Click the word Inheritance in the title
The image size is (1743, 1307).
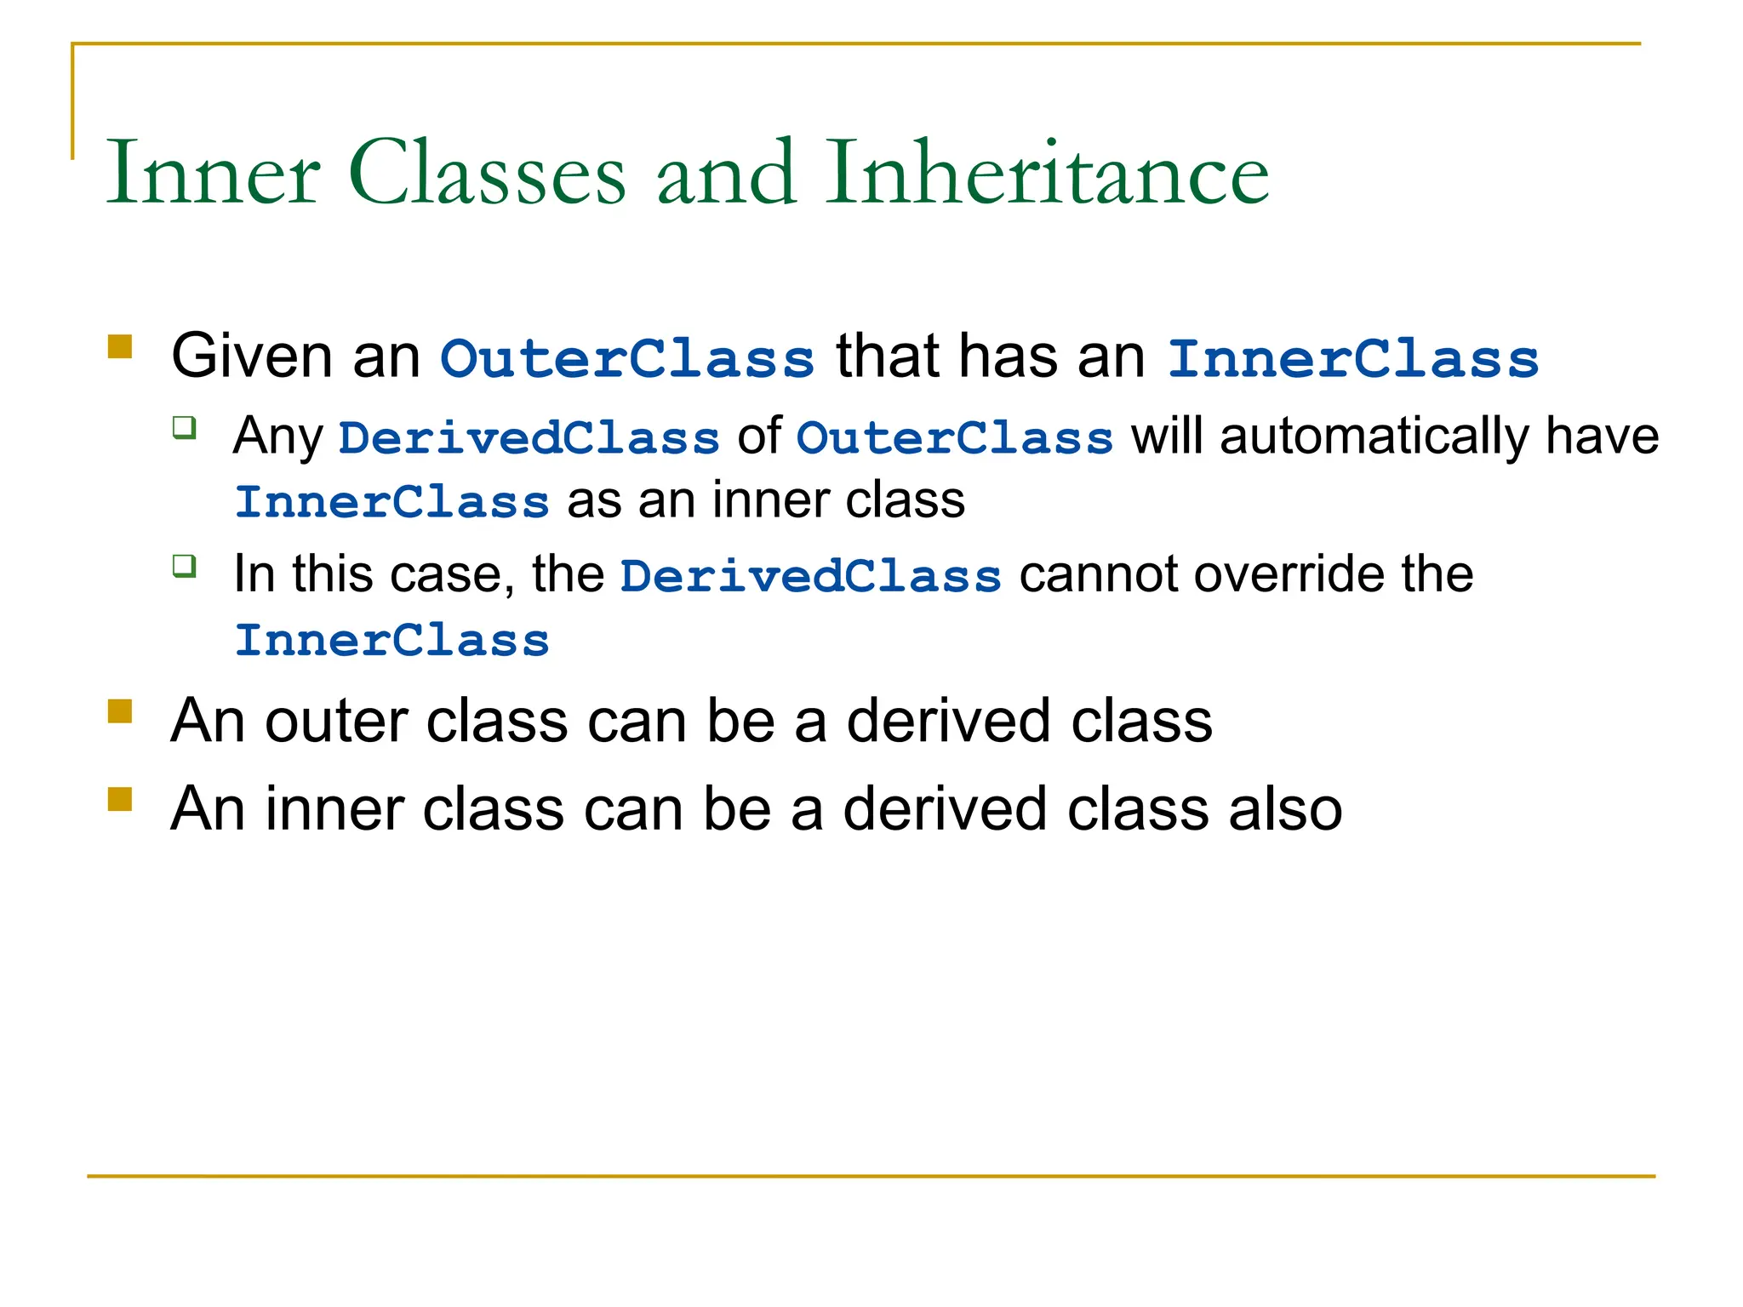coord(1047,174)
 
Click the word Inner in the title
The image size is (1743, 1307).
coord(213,174)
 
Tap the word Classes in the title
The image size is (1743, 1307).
coord(487,174)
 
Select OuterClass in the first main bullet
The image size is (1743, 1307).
coord(627,358)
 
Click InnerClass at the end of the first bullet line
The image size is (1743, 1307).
coord(1353,358)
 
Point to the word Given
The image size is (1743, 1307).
coord(251,357)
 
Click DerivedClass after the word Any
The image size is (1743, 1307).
coord(529,438)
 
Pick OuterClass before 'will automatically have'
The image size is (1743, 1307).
coord(954,438)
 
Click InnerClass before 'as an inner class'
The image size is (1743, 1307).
coord(391,502)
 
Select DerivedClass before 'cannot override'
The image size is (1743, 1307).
coord(810,576)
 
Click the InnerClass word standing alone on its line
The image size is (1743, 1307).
coord(391,640)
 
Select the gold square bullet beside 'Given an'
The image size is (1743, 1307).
coord(120,347)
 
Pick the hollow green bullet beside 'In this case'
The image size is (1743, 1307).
coord(185,566)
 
